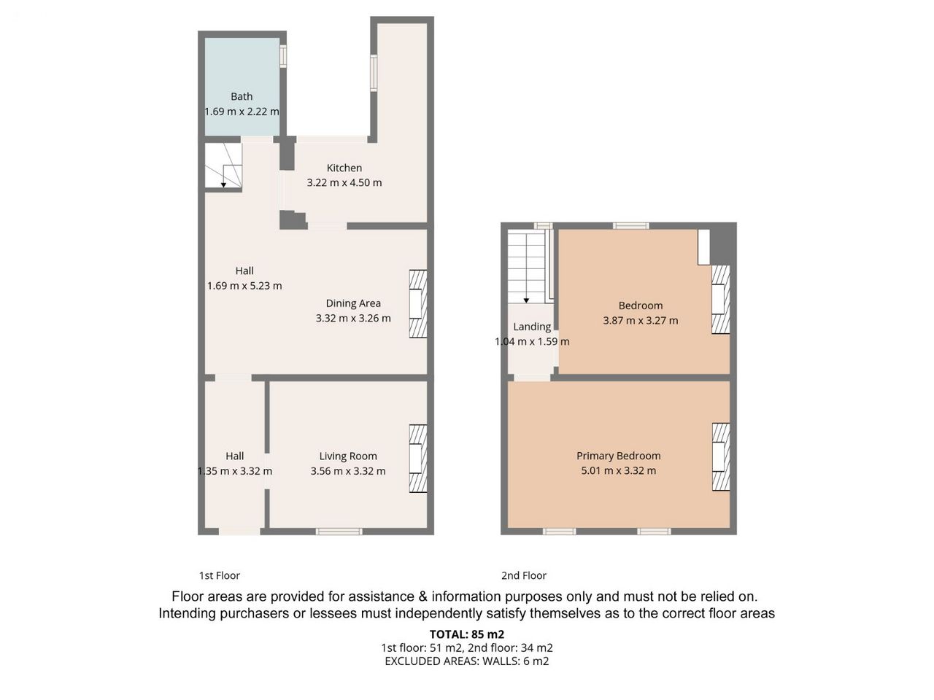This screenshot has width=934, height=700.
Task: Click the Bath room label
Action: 242,96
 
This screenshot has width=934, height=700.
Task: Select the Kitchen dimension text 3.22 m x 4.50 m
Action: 344,183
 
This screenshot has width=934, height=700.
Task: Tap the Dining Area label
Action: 353,303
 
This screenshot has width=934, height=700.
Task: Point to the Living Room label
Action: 348,456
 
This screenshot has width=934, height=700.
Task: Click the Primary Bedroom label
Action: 618,456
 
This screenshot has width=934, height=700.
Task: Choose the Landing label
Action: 532,327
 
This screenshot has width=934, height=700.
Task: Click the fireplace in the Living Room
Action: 418,459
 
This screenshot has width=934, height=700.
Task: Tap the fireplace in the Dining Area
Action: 418,304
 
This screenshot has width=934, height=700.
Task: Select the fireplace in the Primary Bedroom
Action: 721,457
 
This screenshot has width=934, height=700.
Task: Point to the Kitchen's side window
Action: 374,73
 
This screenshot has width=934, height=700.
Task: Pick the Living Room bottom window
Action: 339,532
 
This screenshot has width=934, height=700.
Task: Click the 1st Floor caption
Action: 220,575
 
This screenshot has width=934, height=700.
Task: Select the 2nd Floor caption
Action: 524,575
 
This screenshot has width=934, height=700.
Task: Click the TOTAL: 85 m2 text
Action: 467,634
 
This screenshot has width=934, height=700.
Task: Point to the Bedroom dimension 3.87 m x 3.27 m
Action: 641,320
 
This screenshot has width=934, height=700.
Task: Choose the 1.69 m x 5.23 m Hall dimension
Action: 244,286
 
